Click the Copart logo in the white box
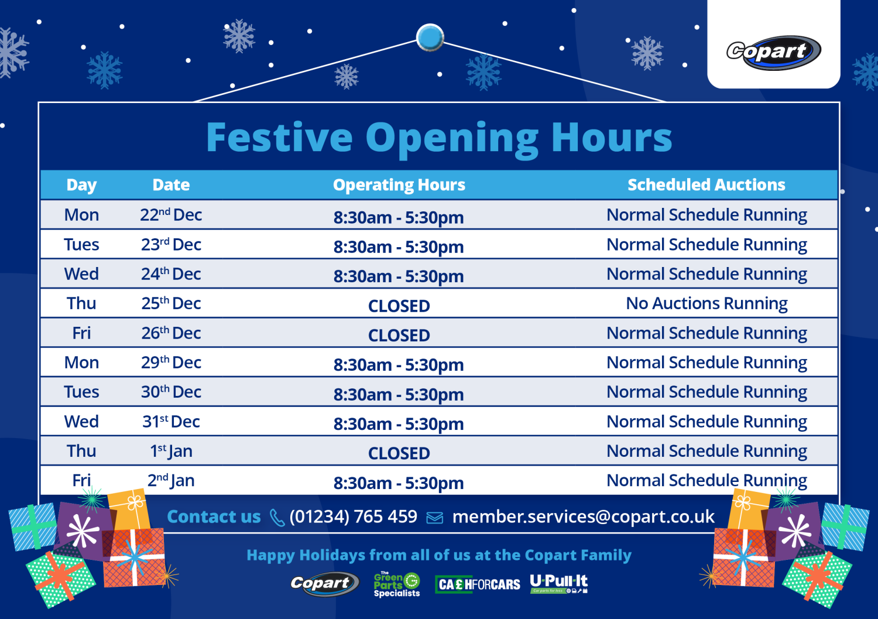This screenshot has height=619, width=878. [773, 52]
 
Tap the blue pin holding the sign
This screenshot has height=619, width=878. [430, 37]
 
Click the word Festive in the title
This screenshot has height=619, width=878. [279, 138]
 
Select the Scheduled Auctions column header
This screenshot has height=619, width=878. [706, 185]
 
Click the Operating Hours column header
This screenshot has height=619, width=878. [399, 185]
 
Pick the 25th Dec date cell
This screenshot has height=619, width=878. [171, 303]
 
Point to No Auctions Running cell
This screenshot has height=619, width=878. [706, 303]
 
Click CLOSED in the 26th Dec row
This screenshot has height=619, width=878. [399, 336]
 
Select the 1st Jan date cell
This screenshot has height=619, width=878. [171, 451]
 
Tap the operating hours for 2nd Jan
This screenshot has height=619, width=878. [399, 483]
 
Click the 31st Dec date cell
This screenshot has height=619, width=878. [171, 422]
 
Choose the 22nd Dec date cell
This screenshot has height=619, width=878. [171, 215]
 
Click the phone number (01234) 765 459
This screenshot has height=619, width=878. [354, 517]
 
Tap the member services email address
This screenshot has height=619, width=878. [583, 517]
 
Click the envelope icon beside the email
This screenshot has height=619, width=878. [434, 518]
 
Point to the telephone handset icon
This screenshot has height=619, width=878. [277, 518]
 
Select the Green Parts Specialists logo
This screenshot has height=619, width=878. [397, 584]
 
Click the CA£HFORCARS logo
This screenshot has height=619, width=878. [478, 584]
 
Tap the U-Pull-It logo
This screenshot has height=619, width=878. [559, 583]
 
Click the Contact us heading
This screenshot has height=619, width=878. [214, 517]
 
